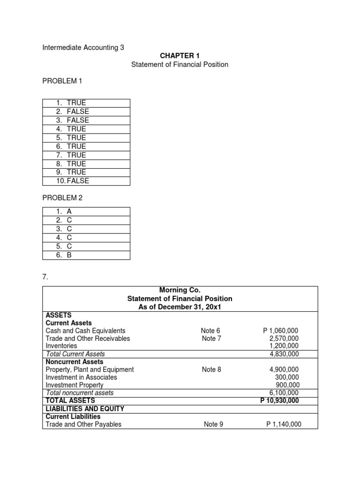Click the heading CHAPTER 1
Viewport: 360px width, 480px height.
[180, 56]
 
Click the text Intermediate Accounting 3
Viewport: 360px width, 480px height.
[84, 47]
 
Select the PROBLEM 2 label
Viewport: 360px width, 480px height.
[62, 198]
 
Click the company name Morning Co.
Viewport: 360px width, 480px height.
[180, 291]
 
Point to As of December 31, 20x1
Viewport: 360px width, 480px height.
[180, 307]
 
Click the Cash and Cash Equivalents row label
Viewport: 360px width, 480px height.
[85, 331]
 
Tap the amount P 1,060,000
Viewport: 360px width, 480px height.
[281, 331]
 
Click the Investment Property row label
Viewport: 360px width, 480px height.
[75, 385]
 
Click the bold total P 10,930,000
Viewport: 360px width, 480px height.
[279, 400]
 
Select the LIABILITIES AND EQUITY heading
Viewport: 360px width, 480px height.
[84, 409]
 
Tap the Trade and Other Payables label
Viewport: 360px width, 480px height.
[83, 424]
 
